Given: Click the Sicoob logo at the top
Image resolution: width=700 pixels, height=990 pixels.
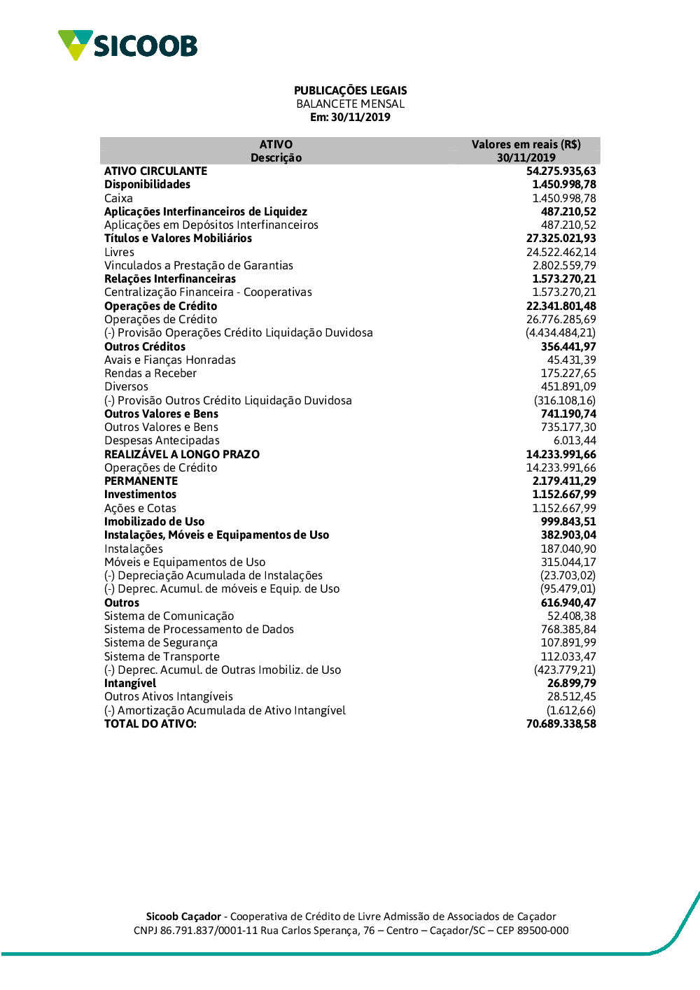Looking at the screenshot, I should pos(127,45).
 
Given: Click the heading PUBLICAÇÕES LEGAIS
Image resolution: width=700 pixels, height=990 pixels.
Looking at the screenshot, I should pos(350,90).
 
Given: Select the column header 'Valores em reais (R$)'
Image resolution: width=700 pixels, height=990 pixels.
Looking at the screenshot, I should pos(526,144).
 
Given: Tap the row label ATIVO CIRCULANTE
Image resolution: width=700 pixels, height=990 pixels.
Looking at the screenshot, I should pos(155,171).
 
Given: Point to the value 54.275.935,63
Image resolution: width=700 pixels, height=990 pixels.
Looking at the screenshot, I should pos(561,171).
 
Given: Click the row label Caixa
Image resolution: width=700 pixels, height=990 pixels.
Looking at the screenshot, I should pos(118,198).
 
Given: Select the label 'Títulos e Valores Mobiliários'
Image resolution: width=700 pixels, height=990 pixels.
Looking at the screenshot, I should pos(178,238).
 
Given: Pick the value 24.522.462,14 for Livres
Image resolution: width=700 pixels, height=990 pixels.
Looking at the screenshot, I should pos(561,252).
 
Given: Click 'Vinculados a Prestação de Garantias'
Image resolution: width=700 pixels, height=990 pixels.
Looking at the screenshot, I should pos(199,265).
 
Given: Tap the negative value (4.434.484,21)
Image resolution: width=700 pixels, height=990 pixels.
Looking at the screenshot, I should pos(561,332).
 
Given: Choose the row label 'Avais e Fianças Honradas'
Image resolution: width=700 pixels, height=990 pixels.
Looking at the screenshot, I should pos(170,360).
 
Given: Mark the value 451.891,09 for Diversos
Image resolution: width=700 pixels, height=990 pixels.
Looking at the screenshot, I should pos(568,386).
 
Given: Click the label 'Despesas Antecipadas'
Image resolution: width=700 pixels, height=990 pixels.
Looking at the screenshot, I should pos(162,440).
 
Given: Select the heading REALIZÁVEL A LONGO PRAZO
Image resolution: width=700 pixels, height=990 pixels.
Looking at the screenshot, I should pos(182,454).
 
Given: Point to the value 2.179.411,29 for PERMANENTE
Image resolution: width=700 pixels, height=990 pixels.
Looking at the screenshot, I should pos(564,481).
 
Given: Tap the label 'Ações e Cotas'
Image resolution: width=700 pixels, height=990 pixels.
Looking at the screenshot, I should pos(140,508).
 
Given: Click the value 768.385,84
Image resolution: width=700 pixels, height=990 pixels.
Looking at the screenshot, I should pos(568,629).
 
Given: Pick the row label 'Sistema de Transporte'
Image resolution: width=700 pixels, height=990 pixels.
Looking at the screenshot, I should pos(162,656).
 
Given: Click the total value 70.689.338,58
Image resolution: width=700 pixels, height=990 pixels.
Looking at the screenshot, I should pos(561,723).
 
